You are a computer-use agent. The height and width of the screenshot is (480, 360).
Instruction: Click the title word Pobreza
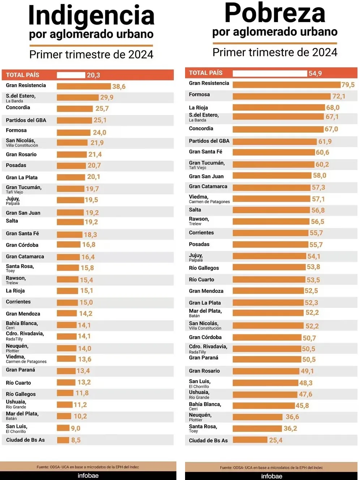point(275,13)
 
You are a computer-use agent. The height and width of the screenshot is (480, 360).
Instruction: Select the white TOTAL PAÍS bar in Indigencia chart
point(71,75)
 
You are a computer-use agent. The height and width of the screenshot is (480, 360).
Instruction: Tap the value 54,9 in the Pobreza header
point(315,73)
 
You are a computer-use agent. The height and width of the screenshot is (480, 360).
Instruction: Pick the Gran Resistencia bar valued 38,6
point(83,86)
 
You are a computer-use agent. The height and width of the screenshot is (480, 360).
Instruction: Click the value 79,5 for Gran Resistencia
point(348,85)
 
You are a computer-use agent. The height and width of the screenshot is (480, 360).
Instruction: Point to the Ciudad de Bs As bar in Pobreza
point(250,440)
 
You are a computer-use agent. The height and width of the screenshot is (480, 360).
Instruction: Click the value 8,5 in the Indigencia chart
point(76,440)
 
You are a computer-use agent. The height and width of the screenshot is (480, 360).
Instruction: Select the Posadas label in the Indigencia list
point(16,165)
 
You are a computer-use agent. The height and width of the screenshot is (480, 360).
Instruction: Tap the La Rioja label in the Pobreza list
point(198,107)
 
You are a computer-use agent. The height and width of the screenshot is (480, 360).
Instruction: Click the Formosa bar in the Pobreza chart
point(282,96)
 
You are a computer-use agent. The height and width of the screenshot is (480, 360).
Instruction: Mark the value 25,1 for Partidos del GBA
point(100,120)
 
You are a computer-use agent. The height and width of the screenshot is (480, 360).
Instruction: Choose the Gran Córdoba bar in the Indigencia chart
point(68,245)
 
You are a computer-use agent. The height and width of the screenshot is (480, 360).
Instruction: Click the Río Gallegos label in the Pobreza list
point(204,268)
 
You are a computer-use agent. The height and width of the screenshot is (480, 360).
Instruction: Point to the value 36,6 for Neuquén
point(292,417)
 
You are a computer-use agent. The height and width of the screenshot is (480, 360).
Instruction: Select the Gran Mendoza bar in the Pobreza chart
point(268,291)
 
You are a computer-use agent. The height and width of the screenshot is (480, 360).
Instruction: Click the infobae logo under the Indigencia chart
point(88,476)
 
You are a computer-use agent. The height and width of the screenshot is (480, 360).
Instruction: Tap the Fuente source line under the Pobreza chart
point(271,467)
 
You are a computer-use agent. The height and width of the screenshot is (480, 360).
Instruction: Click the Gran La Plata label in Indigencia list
point(22,177)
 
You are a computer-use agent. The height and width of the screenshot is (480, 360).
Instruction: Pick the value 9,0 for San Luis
point(76,428)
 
